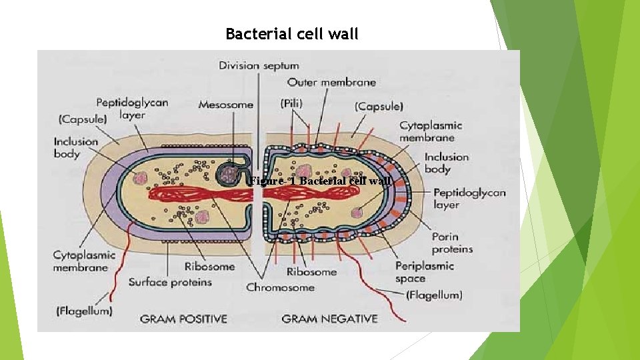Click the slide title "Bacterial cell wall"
point(291,34)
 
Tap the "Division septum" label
point(259,65)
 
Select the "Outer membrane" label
point(331,83)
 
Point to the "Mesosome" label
point(225,105)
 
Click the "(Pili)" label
point(291,104)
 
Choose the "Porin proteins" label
point(452,243)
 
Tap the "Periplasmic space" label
point(424,272)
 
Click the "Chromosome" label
point(280,287)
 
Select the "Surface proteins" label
point(170,282)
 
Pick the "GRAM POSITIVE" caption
point(183,319)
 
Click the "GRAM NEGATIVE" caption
point(329,319)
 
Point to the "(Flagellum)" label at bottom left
point(84,311)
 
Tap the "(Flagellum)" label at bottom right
point(434,295)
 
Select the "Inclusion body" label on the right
point(447,163)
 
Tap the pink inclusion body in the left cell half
point(139,178)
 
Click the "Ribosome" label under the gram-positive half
point(209,267)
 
